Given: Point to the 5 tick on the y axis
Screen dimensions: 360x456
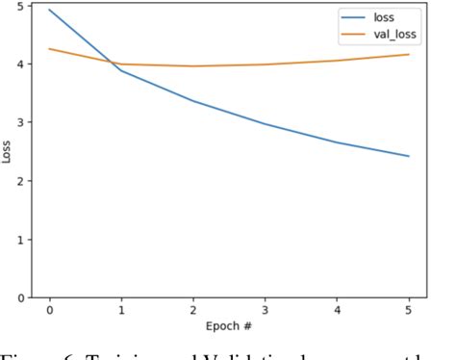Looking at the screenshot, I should click(20, 6).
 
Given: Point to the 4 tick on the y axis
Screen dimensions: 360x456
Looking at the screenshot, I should click(20, 64).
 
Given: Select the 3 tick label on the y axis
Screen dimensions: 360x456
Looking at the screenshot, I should click(20, 122).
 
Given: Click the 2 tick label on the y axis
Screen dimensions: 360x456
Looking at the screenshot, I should click(20, 181).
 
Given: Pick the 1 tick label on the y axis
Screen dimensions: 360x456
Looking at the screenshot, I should click(20, 239).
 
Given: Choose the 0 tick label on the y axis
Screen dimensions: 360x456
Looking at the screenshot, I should click(20, 297).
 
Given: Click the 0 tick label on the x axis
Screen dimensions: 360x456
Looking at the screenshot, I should click(49, 311).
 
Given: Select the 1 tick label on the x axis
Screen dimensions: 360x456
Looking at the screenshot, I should click(121, 311).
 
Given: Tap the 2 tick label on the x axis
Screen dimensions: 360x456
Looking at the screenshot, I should click(193, 311).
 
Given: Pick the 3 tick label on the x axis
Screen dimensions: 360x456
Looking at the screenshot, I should click(266, 311).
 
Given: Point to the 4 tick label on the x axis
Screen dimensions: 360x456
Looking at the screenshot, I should click(338, 311).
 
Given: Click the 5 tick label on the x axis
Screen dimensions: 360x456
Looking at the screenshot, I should click(409, 311).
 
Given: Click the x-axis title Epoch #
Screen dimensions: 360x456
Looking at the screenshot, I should click(229, 327).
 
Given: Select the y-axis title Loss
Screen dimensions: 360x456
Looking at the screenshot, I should click(8, 151).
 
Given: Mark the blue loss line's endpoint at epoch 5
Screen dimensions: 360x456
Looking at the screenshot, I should click(409, 156).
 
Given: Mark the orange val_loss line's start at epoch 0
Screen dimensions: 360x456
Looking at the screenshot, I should click(49, 49).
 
